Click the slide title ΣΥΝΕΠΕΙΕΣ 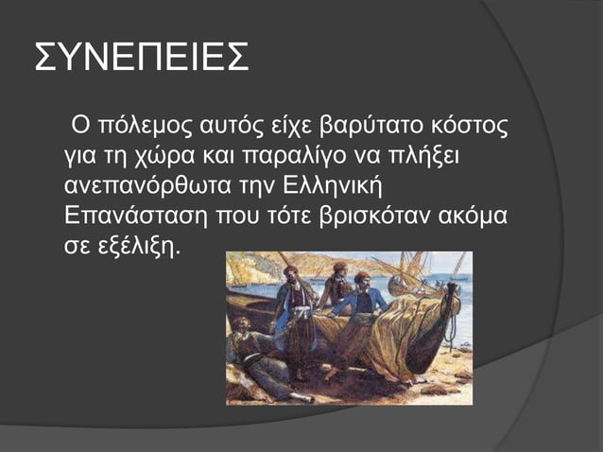(142, 58)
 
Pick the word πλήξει (442, 154)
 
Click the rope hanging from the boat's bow (452, 326)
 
